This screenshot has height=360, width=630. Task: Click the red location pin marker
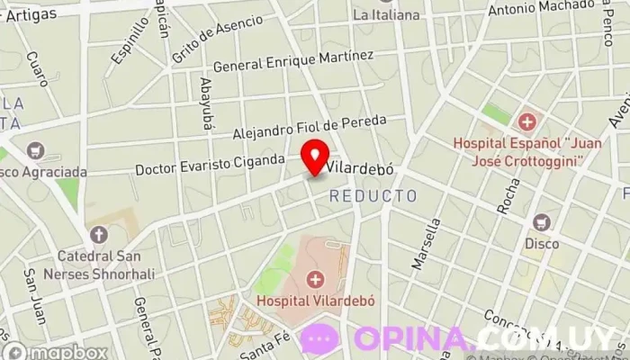coord(314,157)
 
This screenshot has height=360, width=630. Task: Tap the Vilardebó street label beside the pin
coord(361,168)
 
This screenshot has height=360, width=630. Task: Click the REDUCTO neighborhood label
coord(373,195)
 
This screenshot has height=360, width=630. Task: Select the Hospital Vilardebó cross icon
coord(314,279)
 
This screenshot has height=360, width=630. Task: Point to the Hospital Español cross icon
coord(526,121)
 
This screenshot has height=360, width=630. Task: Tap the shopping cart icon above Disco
coord(542,222)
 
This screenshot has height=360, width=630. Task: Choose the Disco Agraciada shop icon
coord(37,150)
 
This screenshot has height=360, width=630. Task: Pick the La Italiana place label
coord(386,14)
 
